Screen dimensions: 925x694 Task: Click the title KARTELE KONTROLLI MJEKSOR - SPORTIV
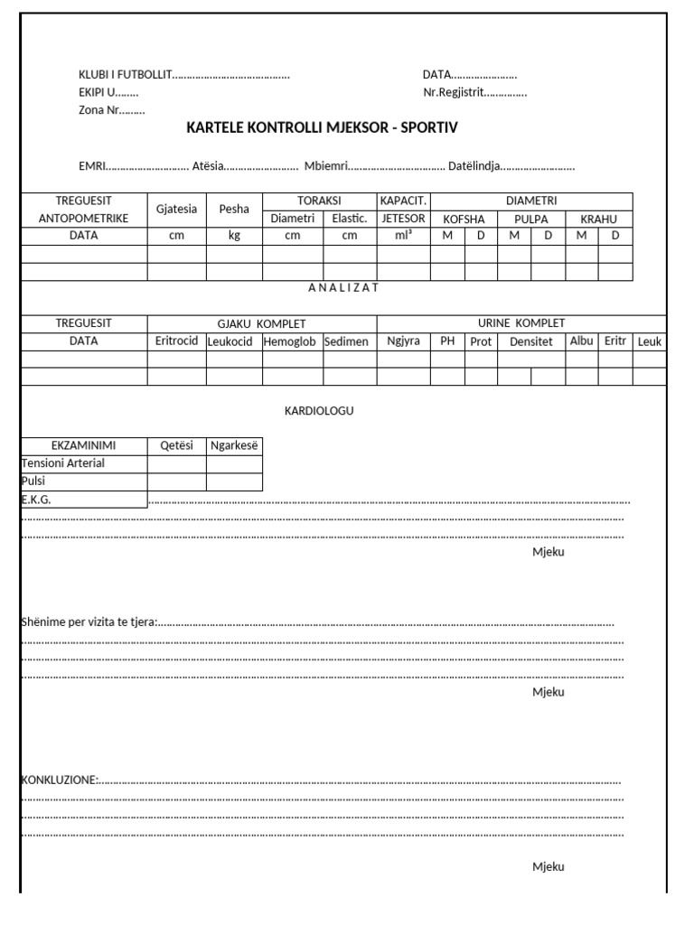coord(322,128)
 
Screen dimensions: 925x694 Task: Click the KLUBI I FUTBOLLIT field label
coord(125,75)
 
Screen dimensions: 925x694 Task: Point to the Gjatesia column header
coord(176,209)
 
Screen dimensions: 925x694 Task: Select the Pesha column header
coord(234,209)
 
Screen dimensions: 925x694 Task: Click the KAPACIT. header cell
coord(403,201)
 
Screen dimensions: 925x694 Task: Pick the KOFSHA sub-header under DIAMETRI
coord(464,219)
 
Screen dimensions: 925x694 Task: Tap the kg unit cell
coord(234,235)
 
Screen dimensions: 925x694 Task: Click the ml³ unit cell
coord(403,235)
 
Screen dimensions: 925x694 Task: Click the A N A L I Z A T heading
coord(343,287)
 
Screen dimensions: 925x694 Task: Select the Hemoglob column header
coord(292,341)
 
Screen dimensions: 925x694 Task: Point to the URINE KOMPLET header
coord(521,322)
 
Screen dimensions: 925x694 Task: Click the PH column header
coord(447,341)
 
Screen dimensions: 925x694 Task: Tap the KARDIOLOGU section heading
coord(319,411)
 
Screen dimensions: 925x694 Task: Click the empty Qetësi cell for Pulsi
coord(176,481)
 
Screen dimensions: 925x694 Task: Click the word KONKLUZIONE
coord(58,780)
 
